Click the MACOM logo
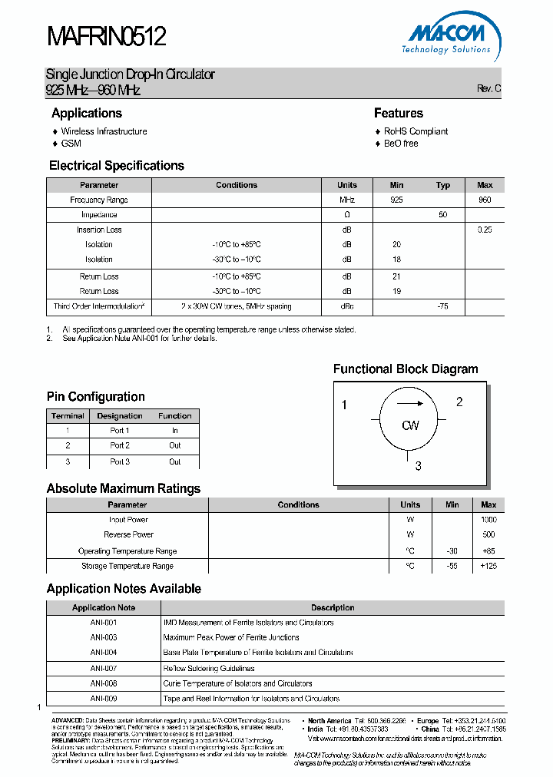coord(447,36)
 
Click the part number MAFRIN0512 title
coord(106,36)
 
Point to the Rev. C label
coord(488,89)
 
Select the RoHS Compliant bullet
coord(416,131)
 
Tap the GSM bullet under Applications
coord(71,144)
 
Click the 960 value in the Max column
coord(485,200)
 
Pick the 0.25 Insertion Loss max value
coord(485,230)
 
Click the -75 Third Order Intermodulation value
coord(442,306)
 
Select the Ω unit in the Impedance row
coord(346,215)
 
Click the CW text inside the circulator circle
coord(410,425)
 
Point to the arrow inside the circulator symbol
coord(410,404)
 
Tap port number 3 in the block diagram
coord(419,465)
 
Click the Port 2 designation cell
coord(120,445)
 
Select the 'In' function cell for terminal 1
coord(175,431)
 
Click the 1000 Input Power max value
coord(488,520)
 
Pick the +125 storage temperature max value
coord(488,566)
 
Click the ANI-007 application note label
coord(104,668)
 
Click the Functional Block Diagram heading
coord(406,369)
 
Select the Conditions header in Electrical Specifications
coord(237,185)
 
